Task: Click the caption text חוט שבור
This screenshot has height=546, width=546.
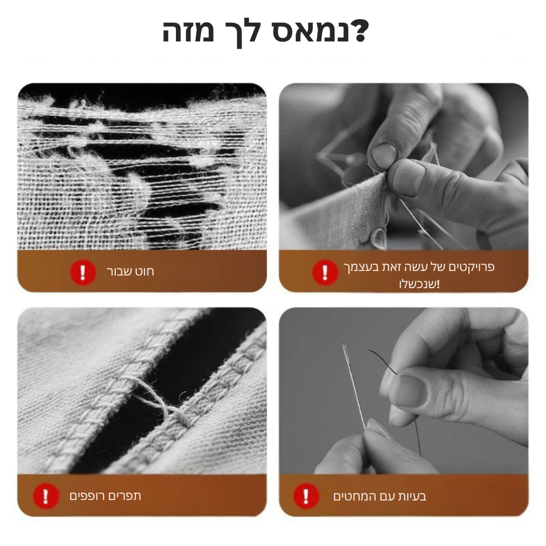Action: click(130, 272)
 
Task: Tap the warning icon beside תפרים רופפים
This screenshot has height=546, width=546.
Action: click(45, 496)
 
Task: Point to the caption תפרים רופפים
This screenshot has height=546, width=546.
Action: click(105, 496)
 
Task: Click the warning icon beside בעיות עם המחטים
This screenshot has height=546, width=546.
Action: click(306, 496)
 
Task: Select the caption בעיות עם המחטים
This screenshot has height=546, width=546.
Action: click(380, 496)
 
